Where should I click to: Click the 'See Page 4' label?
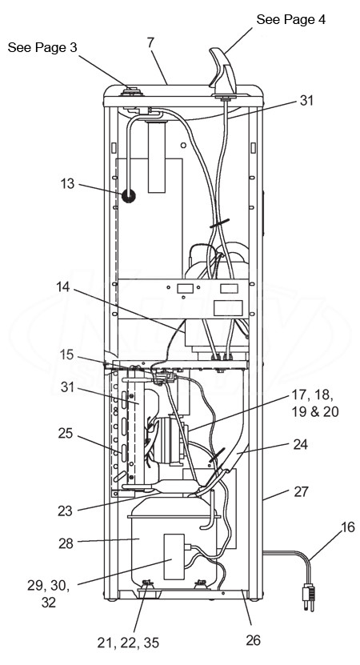click(291, 19)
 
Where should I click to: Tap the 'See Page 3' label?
click(42, 47)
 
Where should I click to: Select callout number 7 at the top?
click(151, 42)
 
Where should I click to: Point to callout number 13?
click(67, 184)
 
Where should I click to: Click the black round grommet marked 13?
click(129, 196)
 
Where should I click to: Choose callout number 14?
click(64, 287)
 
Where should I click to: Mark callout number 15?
click(66, 355)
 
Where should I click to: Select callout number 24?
click(301, 444)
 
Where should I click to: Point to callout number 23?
click(66, 511)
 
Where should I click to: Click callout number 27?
click(302, 492)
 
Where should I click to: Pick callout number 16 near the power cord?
click(348, 527)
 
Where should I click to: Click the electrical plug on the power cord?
click(309, 596)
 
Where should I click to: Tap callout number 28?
click(66, 543)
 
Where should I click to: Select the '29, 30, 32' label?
click(49, 594)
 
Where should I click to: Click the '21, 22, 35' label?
click(128, 643)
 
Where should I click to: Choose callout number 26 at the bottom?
click(253, 640)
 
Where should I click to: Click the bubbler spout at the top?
click(224, 71)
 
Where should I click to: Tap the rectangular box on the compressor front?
click(174, 556)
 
